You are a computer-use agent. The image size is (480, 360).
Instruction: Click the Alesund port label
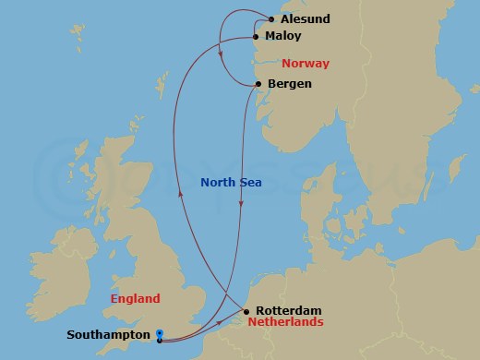(305, 18)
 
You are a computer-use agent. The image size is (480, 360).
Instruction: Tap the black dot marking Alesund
(270, 18)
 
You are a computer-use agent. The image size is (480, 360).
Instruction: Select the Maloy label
(282, 37)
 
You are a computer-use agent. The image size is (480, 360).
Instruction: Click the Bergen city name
(289, 84)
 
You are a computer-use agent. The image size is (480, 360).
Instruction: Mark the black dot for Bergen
(258, 84)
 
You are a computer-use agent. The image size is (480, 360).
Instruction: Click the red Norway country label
(306, 64)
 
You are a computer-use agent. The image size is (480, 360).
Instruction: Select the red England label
(135, 298)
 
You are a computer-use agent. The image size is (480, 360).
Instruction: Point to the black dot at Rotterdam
(246, 311)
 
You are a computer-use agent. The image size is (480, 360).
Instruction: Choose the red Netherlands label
(285, 323)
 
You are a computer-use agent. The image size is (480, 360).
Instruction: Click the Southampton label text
(107, 335)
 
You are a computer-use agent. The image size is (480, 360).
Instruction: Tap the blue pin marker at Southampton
(160, 333)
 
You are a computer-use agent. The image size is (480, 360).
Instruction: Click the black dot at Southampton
(160, 341)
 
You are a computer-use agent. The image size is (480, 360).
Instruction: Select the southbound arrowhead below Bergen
(241, 205)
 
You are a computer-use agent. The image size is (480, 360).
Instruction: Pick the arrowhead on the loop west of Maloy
(221, 53)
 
